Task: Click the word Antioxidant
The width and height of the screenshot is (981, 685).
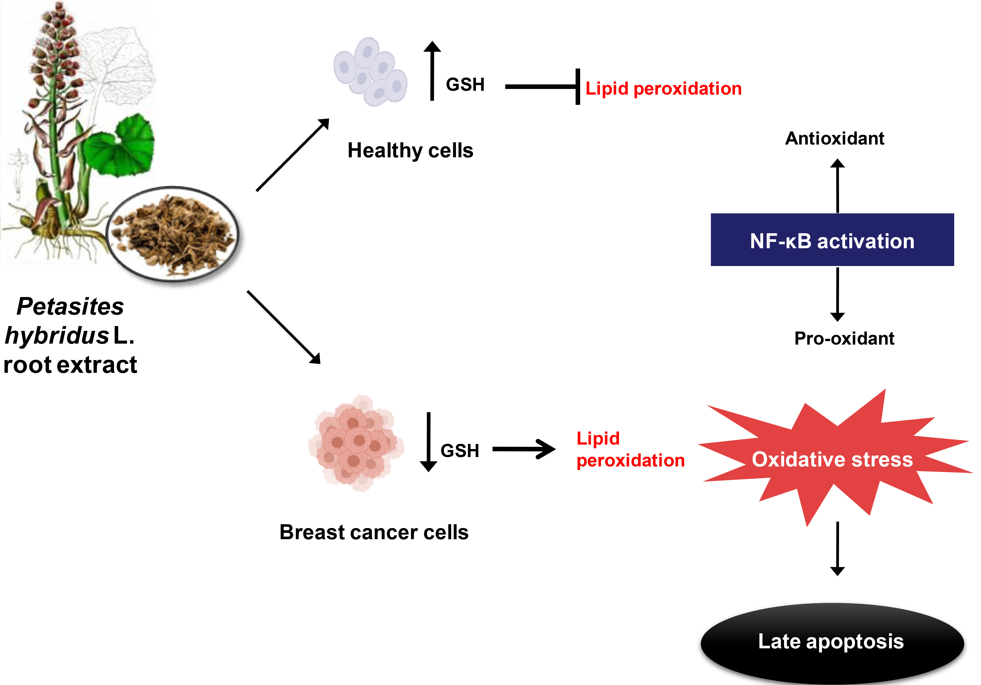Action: [x=834, y=138]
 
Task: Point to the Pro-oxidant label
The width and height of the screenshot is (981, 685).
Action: [x=844, y=339]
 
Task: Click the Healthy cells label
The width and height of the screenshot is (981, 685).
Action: [x=410, y=150]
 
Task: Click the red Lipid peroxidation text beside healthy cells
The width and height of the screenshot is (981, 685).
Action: [x=663, y=88]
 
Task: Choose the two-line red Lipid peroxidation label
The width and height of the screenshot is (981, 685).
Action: [x=630, y=450]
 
